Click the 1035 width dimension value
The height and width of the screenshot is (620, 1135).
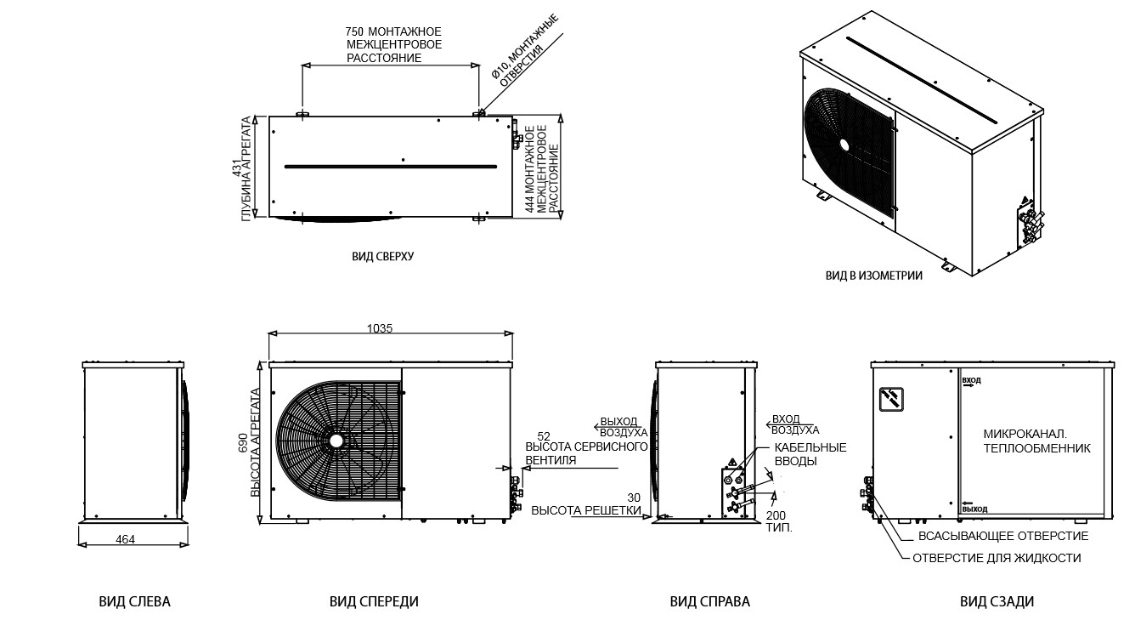[x=380, y=328]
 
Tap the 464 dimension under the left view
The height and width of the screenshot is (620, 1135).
[x=125, y=539]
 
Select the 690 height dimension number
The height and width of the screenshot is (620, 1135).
[x=243, y=442]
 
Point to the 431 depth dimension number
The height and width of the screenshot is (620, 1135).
[x=235, y=168]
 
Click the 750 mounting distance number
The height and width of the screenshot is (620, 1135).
[x=355, y=31]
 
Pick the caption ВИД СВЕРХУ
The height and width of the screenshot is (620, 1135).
[x=383, y=256]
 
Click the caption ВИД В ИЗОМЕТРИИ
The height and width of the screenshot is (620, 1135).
[x=874, y=276]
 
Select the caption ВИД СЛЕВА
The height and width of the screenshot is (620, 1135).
[x=135, y=602]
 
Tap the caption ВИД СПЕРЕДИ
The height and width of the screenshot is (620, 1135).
[x=374, y=602]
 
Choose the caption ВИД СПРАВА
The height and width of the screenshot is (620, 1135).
[x=710, y=602]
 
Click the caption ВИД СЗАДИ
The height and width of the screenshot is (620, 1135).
[x=997, y=602]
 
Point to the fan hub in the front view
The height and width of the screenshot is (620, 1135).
[x=336, y=441]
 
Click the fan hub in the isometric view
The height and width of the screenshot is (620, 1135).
[x=844, y=145]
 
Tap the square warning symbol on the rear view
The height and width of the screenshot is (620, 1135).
[x=891, y=399]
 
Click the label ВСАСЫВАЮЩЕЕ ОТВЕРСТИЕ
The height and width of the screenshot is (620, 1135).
[x=1003, y=536]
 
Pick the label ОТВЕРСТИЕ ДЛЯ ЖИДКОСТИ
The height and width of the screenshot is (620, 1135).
[x=997, y=558]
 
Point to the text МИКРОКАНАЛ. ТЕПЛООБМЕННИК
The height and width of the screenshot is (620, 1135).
[x=1037, y=441]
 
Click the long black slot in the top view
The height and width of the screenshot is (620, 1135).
[x=391, y=167]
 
